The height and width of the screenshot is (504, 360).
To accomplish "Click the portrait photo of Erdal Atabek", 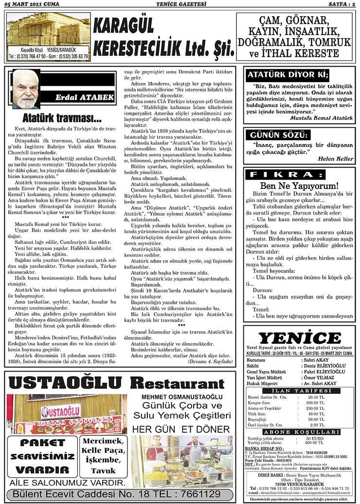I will [26, 89].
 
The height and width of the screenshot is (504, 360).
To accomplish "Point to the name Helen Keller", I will [335, 158].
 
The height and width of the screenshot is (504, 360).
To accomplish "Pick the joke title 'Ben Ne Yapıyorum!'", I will [299, 186].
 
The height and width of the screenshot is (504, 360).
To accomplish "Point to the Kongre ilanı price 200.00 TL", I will [315, 403].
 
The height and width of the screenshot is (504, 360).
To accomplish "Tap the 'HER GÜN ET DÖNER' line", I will [180, 429].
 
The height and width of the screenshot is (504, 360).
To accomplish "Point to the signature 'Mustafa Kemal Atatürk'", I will [321, 117].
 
